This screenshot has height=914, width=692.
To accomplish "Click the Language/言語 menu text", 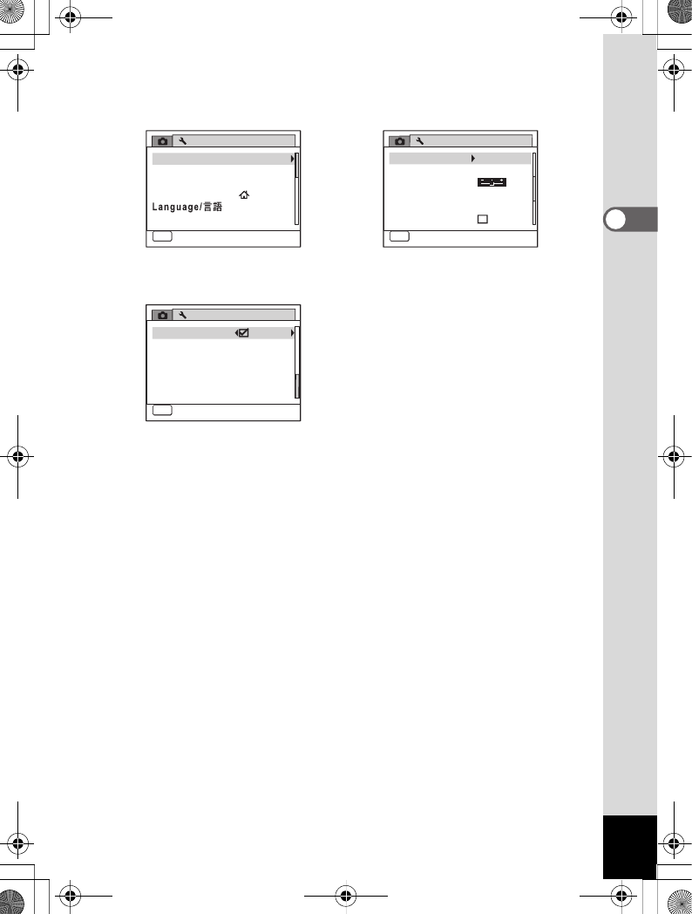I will click(x=187, y=207).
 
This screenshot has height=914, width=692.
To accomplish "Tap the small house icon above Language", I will click(x=243, y=194).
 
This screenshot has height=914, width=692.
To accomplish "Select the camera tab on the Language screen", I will click(x=161, y=141).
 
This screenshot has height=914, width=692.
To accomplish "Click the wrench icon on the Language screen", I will click(x=183, y=141).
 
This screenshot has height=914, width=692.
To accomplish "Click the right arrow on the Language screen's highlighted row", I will click(x=292, y=159).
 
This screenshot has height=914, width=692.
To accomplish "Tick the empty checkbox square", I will click(x=482, y=218).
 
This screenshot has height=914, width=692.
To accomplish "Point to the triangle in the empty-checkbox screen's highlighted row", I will click(x=472, y=159).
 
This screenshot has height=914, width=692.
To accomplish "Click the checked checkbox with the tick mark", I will click(x=244, y=333).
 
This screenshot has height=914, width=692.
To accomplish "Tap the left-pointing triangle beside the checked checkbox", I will click(x=236, y=333).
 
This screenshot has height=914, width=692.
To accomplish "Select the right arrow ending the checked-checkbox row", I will click(x=292, y=333).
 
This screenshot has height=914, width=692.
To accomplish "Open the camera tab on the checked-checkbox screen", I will click(x=161, y=315).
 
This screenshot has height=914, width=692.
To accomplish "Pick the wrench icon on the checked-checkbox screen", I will click(x=183, y=315).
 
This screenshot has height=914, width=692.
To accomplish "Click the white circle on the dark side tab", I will click(x=615, y=221).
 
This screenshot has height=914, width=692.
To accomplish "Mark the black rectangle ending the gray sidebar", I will click(x=629, y=847).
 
